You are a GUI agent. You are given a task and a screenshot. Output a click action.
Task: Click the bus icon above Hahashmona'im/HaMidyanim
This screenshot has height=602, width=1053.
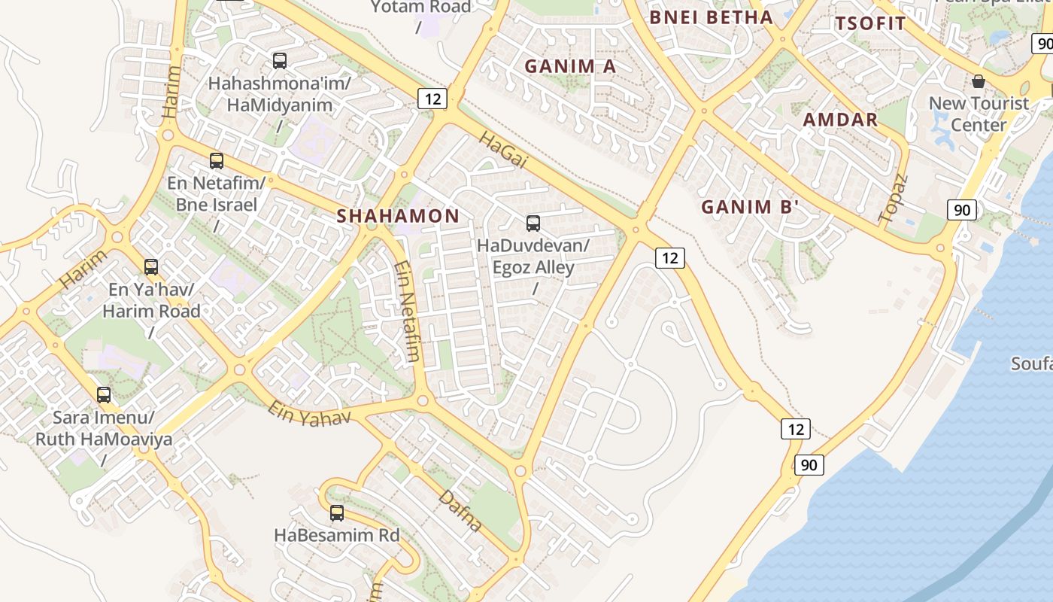[280, 60]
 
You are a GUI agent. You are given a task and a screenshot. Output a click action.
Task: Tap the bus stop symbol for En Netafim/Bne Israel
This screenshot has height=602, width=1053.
[217, 160]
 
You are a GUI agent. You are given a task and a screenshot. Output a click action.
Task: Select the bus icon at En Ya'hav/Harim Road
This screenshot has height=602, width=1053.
[151, 266]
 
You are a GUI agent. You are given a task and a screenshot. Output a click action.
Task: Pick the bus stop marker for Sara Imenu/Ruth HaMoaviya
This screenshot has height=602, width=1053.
[104, 394]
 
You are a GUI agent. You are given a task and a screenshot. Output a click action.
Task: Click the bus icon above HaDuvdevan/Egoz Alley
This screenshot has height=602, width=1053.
[533, 223]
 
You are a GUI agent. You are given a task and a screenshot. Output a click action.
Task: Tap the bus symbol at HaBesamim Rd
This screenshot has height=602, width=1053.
[337, 513]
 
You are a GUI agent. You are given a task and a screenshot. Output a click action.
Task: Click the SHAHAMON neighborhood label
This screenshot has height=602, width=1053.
[398, 216]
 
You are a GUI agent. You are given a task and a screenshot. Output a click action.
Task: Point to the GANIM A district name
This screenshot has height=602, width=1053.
[570, 66]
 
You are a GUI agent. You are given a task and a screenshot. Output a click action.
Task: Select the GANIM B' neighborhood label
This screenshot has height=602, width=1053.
[749, 207]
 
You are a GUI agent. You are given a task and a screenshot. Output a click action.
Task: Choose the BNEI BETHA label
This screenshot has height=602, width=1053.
[711, 17]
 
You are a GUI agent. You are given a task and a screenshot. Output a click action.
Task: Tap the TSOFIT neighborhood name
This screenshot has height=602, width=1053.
[870, 23]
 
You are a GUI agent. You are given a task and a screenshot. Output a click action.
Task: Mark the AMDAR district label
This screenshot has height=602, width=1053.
[840, 120]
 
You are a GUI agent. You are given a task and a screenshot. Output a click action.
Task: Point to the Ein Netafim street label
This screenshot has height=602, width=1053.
[406, 311]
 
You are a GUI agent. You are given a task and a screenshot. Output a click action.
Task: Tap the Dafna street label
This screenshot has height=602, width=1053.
[460, 510]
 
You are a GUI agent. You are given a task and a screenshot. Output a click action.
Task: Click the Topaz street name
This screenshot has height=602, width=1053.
[894, 198]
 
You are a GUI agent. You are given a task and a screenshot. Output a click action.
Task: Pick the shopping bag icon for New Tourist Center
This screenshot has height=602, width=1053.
[979, 81]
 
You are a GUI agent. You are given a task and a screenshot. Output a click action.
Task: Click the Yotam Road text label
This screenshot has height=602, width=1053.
[421, 8]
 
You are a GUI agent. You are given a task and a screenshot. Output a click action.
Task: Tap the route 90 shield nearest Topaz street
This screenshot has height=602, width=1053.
[962, 210]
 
